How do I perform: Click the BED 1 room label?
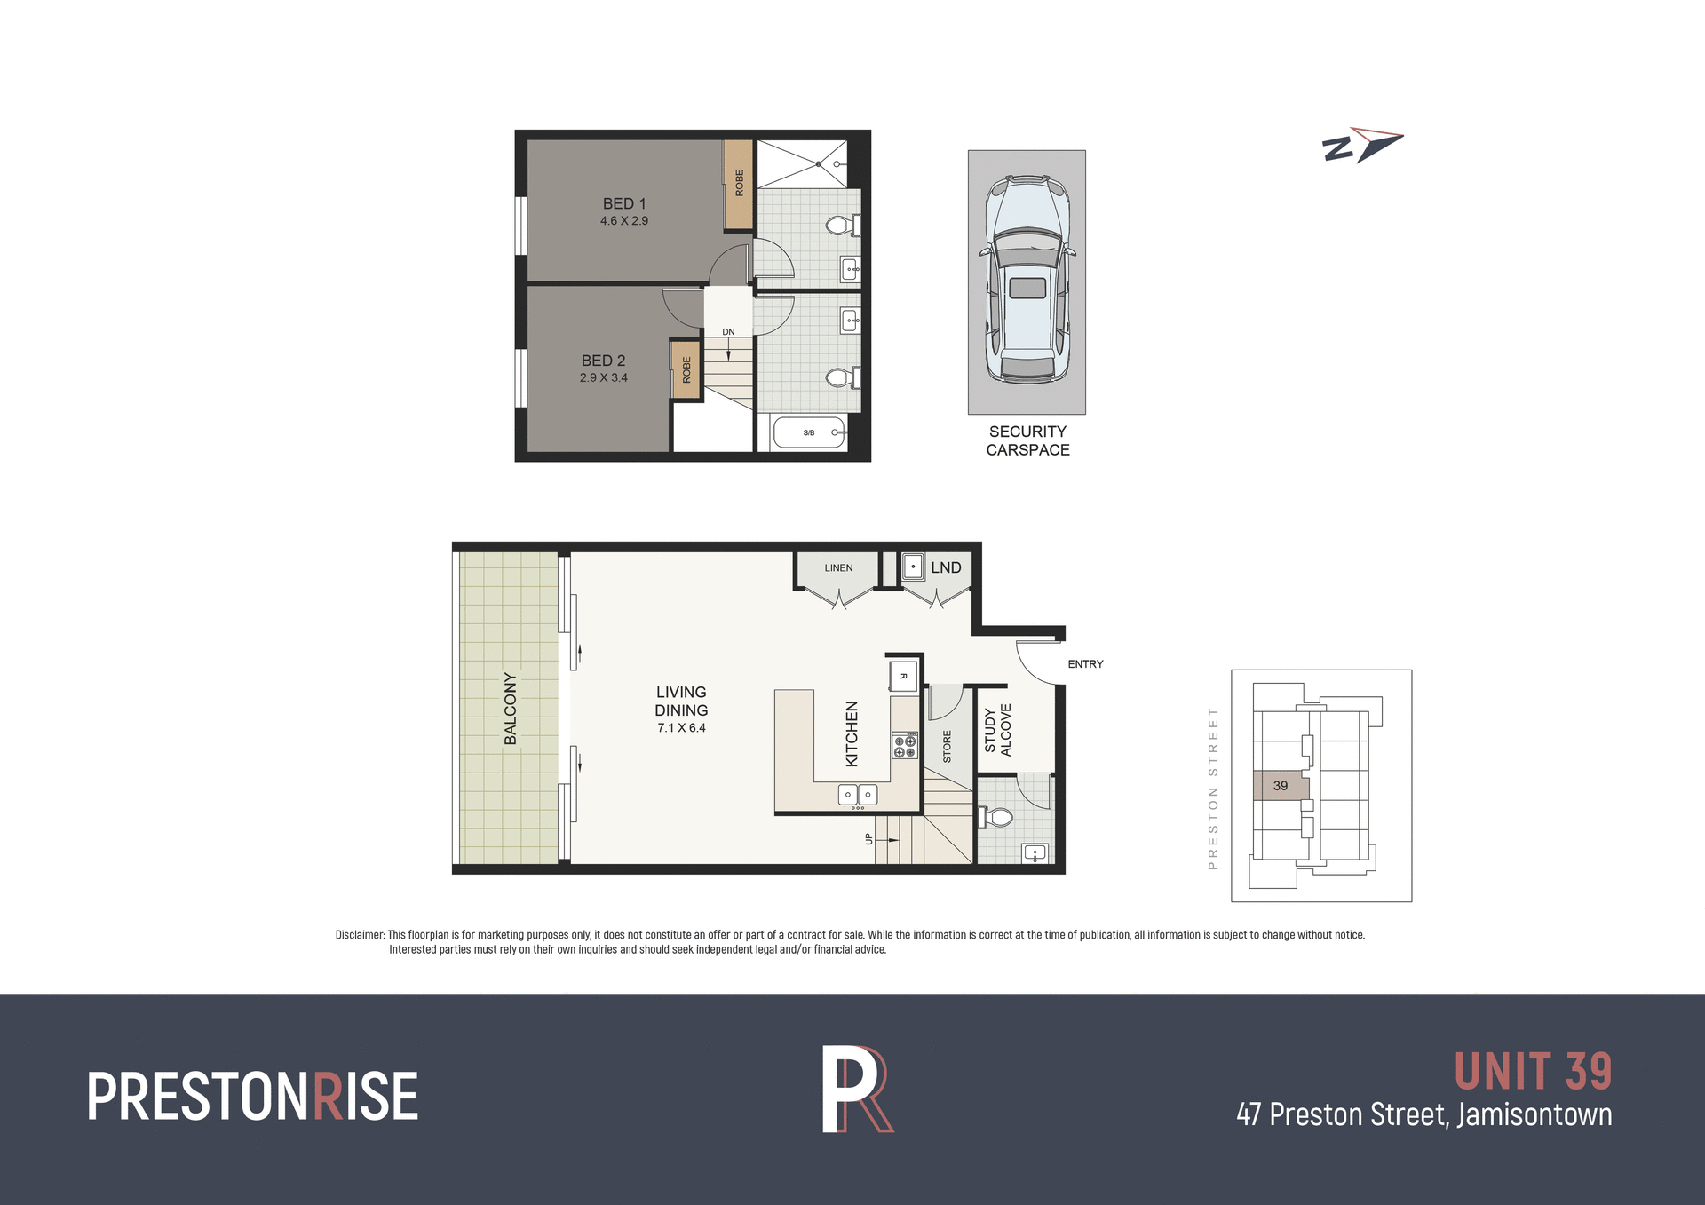(624, 203)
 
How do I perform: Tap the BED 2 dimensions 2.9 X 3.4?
(604, 377)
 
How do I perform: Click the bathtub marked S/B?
(809, 432)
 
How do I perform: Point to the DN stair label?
(728, 332)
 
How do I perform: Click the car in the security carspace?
(1027, 279)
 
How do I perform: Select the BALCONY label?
(511, 708)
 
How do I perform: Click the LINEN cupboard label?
(838, 568)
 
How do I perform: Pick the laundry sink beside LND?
(913, 567)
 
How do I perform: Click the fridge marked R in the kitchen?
(903, 677)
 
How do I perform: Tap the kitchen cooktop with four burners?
(904, 745)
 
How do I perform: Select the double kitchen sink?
(858, 795)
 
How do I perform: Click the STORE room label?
(947, 746)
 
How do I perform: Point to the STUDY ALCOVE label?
(998, 730)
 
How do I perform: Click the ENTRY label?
(1085, 664)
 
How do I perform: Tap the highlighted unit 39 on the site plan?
(1281, 786)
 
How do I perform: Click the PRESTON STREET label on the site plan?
(1213, 788)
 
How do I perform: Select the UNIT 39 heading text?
(1533, 1072)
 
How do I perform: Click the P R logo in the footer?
(856, 1090)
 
